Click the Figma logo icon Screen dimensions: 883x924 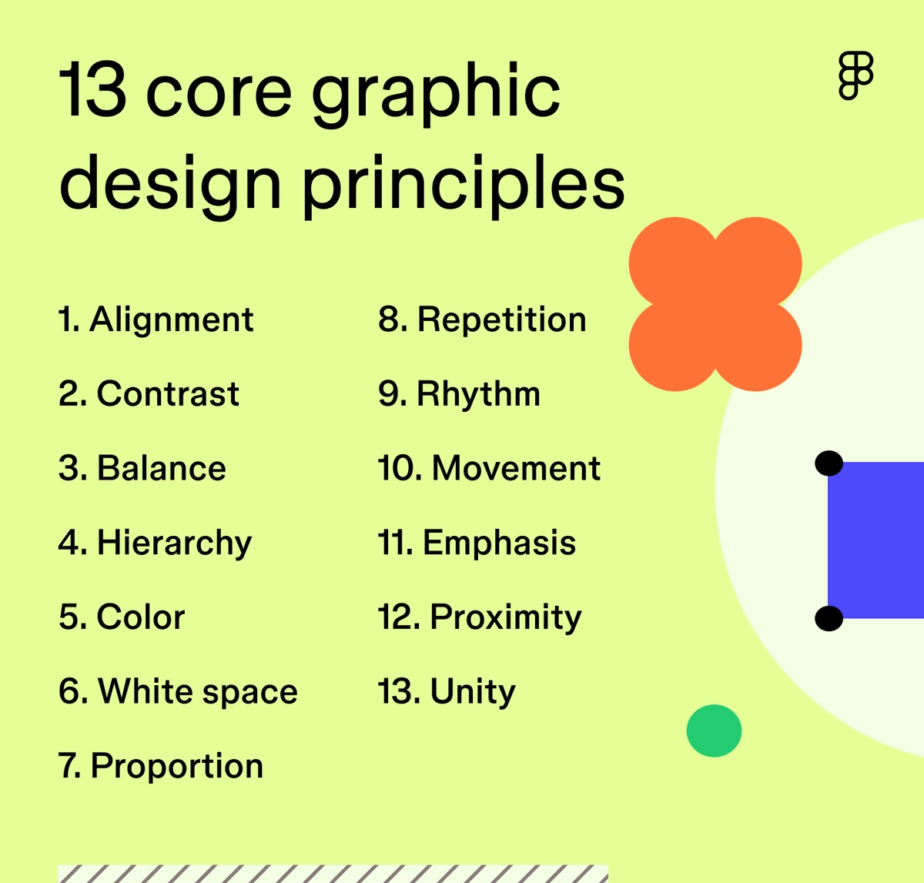tap(855, 75)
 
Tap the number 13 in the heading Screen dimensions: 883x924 tap(92, 92)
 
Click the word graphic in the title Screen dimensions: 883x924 tap(436, 96)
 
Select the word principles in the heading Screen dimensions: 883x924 tap(463, 185)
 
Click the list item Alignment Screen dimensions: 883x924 tap(156, 320)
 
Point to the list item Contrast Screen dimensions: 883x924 tap(149, 394)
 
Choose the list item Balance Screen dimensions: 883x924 tap(142, 469)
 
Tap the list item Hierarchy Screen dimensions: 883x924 tap(155, 544)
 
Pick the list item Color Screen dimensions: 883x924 tap(122, 617)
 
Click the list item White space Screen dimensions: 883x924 tap(178, 691)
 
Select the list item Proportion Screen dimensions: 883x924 tap(161, 766)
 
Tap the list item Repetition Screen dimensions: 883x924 tap(482, 320)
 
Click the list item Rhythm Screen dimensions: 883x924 tap(459, 394)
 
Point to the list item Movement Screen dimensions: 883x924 tap(489, 469)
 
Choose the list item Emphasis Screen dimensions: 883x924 tap(477, 543)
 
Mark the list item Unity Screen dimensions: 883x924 tap(447, 691)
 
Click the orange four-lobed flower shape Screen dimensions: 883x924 tap(715, 304)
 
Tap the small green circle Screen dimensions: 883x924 tap(714, 731)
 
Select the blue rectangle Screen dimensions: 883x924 tap(876, 540)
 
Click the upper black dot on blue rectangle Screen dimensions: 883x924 tap(829, 463)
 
